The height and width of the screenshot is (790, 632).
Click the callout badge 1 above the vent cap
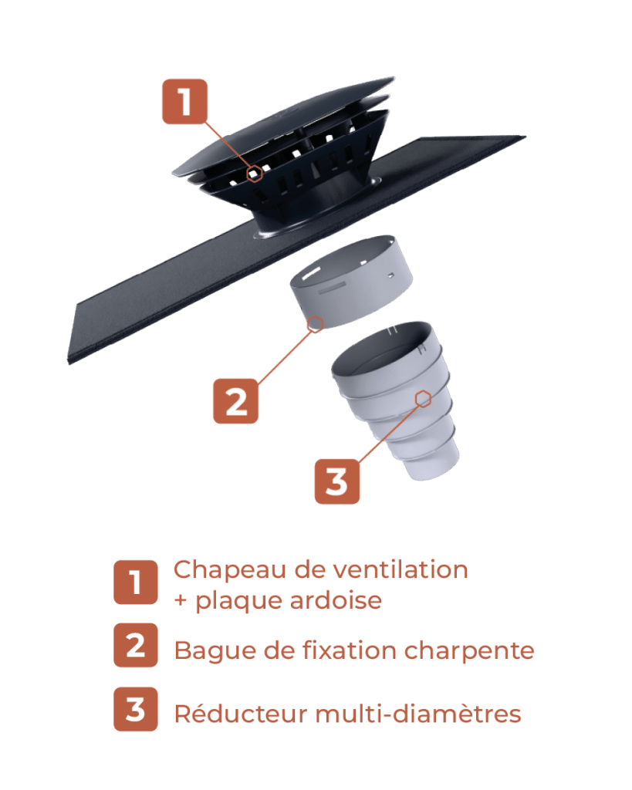click(x=184, y=102)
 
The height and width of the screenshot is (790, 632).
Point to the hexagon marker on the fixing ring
click(x=315, y=325)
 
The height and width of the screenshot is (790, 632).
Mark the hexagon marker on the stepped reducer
click(x=422, y=398)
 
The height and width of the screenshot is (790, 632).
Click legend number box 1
click(x=136, y=582)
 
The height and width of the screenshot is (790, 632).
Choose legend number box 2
click(x=136, y=645)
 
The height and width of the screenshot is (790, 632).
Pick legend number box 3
click(x=136, y=709)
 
